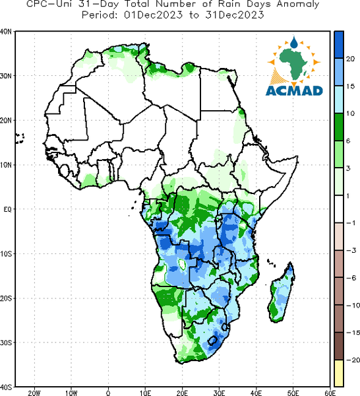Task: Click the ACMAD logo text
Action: [x=294, y=90]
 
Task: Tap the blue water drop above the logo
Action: [x=294, y=42]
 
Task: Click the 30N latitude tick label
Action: [x=6, y=76]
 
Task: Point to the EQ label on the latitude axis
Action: [x=7, y=209]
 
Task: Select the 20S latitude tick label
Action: [x=6, y=298]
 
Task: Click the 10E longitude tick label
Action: [x=145, y=393]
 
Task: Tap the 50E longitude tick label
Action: [x=293, y=393]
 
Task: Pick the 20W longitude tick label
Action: [x=34, y=393]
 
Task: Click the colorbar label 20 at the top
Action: [x=350, y=59]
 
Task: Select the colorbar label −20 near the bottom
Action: [x=353, y=360]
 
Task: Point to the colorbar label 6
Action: [x=348, y=141]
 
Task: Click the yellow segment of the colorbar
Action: [x=339, y=374]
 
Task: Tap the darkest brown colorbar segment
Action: [x=339, y=346]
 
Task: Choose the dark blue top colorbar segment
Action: [x=339, y=45]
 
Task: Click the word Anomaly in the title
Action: [x=298, y=5]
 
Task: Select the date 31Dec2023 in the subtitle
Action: [x=235, y=15]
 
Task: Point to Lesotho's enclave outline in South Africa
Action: [x=212, y=341]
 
